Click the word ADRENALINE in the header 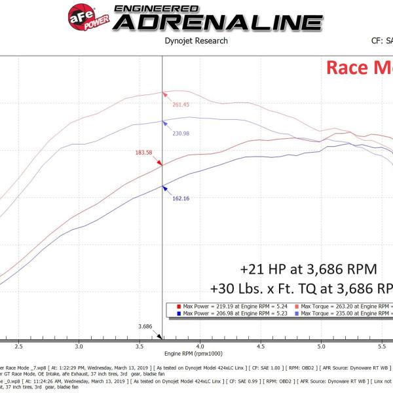[x=208, y=22]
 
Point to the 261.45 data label [x=181, y=105]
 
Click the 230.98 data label [x=181, y=134]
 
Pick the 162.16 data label [x=181, y=198]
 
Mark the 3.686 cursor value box [x=146, y=326]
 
